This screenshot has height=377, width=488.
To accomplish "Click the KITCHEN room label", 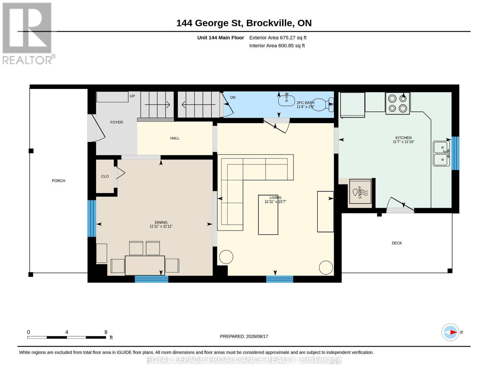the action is [x=403, y=138].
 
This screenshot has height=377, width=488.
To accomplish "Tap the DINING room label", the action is [x=161, y=222].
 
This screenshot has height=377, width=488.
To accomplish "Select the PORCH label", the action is [x=58, y=181].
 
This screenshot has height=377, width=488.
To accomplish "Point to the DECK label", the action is [x=397, y=243].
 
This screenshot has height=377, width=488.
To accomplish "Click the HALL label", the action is [x=175, y=138].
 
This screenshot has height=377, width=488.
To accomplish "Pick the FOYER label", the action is [x=117, y=122].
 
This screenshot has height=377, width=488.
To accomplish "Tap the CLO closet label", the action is [x=105, y=176].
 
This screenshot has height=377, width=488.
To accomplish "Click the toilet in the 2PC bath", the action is [x=323, y=105].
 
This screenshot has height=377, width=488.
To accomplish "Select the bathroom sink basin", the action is [x=287, y=100].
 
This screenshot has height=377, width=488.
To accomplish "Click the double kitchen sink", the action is [x=441, y=154].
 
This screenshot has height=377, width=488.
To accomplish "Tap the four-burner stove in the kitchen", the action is [x=398, y=103].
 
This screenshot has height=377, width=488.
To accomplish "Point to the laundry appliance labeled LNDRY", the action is [x=360, y=191].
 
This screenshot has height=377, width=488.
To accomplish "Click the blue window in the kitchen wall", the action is [x=455, y=153].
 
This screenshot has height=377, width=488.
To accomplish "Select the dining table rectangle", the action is [x=145, y=265].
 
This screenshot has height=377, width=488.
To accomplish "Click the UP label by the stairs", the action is [x=132, y=96].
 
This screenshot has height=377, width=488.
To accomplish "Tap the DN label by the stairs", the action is [x=233, y=97].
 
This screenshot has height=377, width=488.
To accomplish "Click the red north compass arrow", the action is [x=453, y=332].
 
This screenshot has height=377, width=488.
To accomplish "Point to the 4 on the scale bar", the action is [x=67, y=332].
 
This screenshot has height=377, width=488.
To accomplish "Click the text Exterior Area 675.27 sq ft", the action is [x=278, y=38].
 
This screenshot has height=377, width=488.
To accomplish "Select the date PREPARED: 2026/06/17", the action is [x=244, y=336].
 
